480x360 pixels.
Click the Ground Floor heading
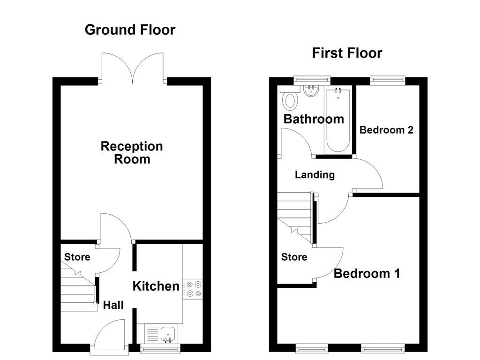click(130, 30)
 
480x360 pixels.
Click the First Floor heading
click(347, 53)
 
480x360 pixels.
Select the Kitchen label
click(156, 286)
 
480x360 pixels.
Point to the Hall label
click(113, 306)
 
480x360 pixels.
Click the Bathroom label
click(314, 119)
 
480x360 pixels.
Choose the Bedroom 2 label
click(386, 130)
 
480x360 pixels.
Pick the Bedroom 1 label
click(367, 274)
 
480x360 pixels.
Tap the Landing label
click(315, 175)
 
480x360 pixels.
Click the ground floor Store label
click(77, 257)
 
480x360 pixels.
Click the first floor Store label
click(294, 257)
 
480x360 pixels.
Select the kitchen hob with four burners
click(193, 288)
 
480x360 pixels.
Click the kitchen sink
click(167, 334)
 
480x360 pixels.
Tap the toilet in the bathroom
click(291, 99)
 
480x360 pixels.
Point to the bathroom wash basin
click(310, 90)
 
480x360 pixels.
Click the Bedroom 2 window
click(387, 80)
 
